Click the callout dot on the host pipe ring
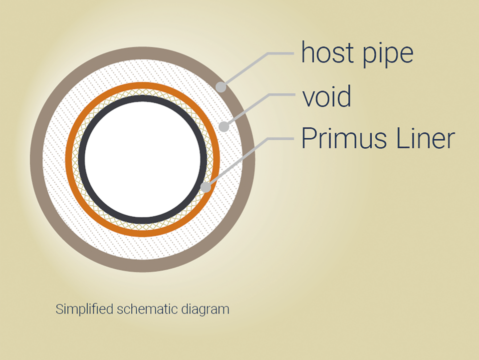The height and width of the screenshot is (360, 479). [221, 87]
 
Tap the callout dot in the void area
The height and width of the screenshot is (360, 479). [224, 127]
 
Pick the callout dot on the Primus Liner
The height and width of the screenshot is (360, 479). [205, 188]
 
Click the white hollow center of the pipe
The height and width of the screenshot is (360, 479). [143, 159]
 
